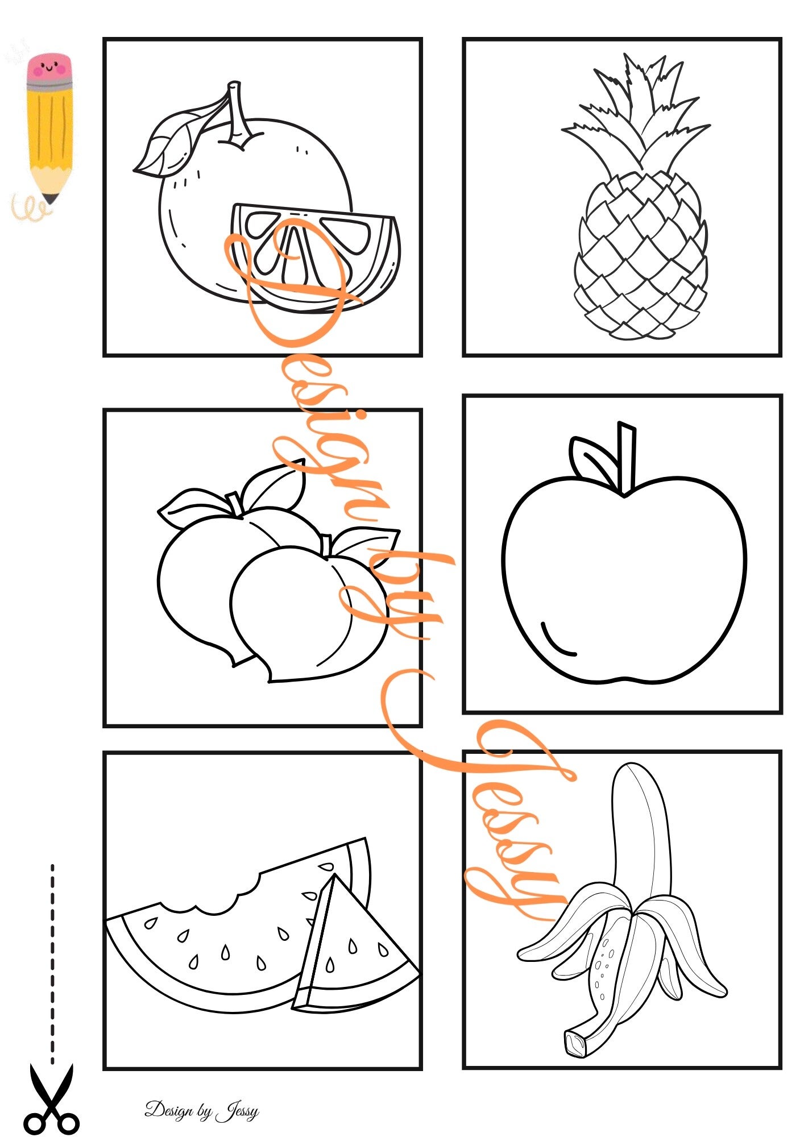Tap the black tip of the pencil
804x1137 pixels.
point(50,198)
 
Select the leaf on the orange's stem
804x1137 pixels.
point(171,139)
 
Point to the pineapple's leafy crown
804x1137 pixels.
point(636,114)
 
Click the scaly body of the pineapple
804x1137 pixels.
point(641,256)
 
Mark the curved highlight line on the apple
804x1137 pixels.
point(554,642)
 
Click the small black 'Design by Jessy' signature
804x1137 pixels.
point(202,1110)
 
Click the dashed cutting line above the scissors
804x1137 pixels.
point(52,963)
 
